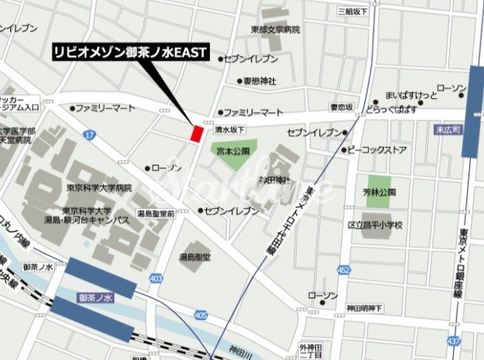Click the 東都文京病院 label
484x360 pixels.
(275, 29)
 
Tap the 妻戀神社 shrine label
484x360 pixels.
(259, 80)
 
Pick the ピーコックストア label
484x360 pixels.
(376, 150)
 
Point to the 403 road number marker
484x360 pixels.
(157, 277)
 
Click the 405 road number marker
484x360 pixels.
(201, 314)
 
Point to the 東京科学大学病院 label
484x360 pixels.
(98, 188)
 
